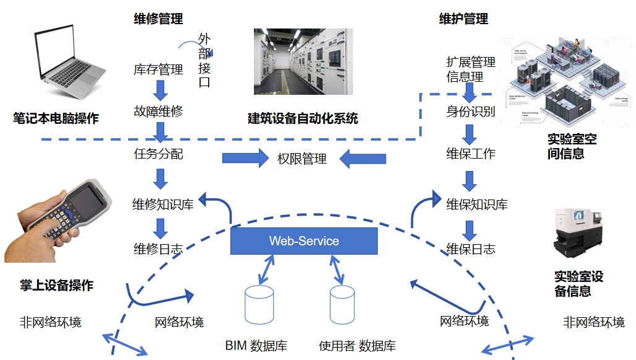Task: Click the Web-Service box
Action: (303, 241)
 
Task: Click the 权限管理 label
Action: (302, 159)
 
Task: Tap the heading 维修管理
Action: (159, 19)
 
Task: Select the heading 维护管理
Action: (463, 19)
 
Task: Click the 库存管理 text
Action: (159, 70)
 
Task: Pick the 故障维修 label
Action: (159, 112)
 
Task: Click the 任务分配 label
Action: (159, 154)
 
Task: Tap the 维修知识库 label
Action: (163, 204)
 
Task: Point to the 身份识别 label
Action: (471, 112)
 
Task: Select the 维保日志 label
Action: (471, 249)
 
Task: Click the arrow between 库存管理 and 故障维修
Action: (160, 90)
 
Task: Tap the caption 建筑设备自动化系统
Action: (303, 118)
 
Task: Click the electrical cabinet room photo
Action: (303, 61)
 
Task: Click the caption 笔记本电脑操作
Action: (56, 118)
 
